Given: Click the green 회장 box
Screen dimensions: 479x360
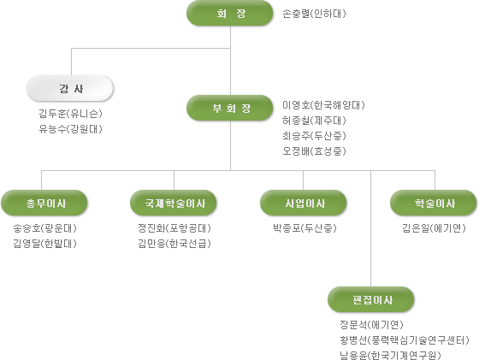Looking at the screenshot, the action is pyautogui.click(x=230, y=13).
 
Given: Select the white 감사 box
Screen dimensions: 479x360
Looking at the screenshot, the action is pyautogui.click(x=70, y=88).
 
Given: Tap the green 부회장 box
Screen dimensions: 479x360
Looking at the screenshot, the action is pyautogui.click(x=230, y=108).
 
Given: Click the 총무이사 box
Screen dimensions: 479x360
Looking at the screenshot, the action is pyautogui.click(x=44, y=203).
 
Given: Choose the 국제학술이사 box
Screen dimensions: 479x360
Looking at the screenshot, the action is pyautogui.click(x=174, y=203).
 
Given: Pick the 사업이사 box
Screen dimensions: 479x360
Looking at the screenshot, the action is pyautogui.click(x=304, y=203).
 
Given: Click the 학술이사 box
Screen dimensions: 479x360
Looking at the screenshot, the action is pyautogui.click(x=434, y=203).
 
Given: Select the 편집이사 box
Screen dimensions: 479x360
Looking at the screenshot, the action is pyautogui.click(x=371, y=299).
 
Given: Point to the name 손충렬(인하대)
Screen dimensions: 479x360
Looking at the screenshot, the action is pyautogui.click(x=314, y=14).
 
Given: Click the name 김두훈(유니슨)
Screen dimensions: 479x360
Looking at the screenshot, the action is pyautogui.click(x=70, y=114).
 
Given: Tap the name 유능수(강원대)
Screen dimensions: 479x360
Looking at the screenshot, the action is pyautogui.click(x=70, y=129).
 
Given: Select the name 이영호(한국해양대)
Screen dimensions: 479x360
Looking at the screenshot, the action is pyautogui.click(x=323, y=105).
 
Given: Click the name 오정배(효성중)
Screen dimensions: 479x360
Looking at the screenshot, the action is pyautogui.click(x=314, y=151).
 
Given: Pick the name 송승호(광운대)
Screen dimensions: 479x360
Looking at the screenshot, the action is pyautogui.click(x=44, y=228).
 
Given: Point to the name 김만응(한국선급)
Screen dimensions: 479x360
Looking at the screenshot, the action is pyautogui.click(x=174, y=244).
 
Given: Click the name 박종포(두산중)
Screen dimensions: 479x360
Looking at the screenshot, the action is pyautogui.click(x=305, y=228).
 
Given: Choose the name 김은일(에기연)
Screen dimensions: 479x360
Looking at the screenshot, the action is pyautogui.click(x=434, y=228).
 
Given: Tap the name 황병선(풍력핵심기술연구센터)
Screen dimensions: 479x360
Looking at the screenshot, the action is pyautogui.click(x=404, y=339).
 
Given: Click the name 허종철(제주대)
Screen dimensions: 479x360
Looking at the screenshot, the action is pyautogui.click(x=314, y=121).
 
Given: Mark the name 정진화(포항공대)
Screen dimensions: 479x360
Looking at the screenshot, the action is pyautogui.click(x=174, y=228).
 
